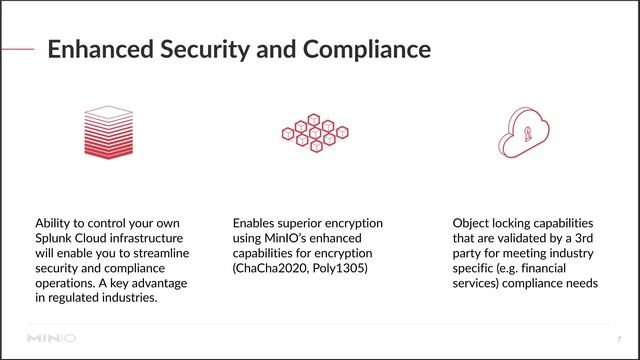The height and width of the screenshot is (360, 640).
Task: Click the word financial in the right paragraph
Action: click(568, 270)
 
